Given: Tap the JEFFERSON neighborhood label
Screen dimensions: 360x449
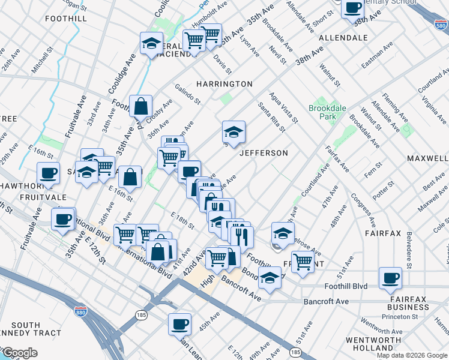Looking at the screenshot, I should tap(264, 153).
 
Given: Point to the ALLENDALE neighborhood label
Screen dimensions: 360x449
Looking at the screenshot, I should tap(343, 37).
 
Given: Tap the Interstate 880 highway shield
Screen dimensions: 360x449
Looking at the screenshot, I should tap(80, 312).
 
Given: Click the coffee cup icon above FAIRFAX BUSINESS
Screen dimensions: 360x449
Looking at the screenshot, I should tap(390, 278).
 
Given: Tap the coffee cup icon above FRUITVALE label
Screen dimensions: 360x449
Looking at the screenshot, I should tap(48, 173).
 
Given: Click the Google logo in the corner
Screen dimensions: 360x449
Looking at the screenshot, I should tap(19, 353).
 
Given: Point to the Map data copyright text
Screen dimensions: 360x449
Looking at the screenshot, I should tap(412, 355).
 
